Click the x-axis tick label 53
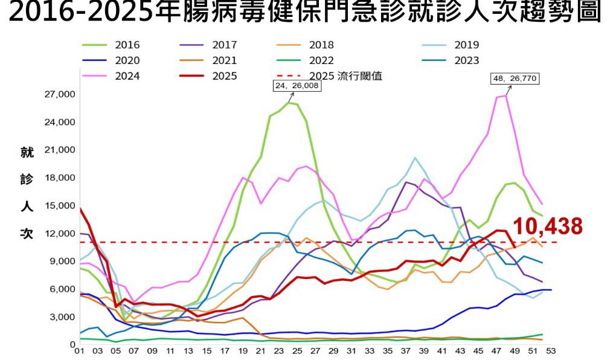coord(551,350)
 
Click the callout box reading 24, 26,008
coord(298,86)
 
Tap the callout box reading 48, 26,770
coord(515,79)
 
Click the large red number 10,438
coord(548,227)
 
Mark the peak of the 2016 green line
coord(288,103)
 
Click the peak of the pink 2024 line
coord(506,95)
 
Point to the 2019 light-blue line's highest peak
coord(415,158)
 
